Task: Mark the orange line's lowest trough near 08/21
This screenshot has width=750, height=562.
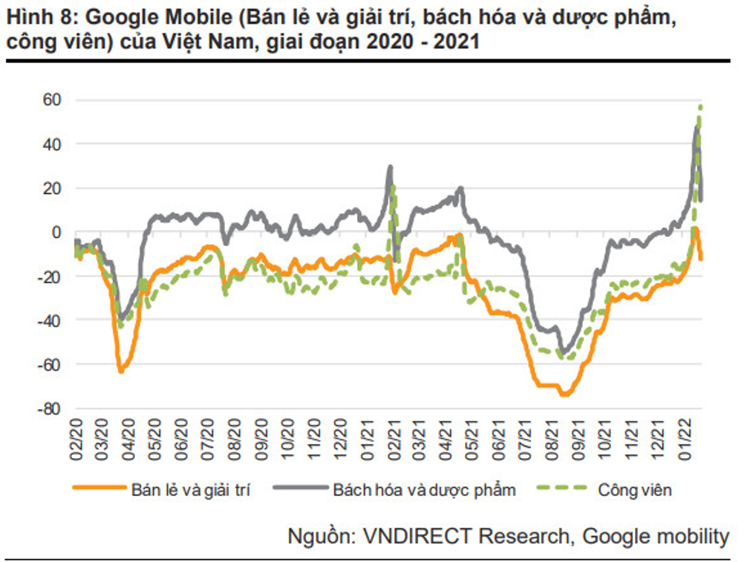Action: coord(564,395)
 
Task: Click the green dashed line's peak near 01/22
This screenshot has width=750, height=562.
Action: coord(700,106)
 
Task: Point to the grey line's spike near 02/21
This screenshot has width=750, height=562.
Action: coord(390,167)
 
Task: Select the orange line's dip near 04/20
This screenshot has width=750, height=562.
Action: coord(120,371)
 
